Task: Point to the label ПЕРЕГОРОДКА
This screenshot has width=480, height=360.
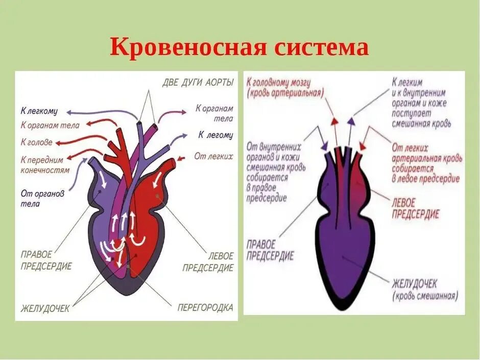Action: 205,307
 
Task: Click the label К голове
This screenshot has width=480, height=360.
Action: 36,142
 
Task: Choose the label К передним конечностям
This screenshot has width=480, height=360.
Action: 45,164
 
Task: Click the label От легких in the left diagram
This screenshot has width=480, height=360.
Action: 213,156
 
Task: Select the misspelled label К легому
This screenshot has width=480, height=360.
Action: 215,135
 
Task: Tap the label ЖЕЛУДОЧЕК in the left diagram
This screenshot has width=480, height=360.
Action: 45,308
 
